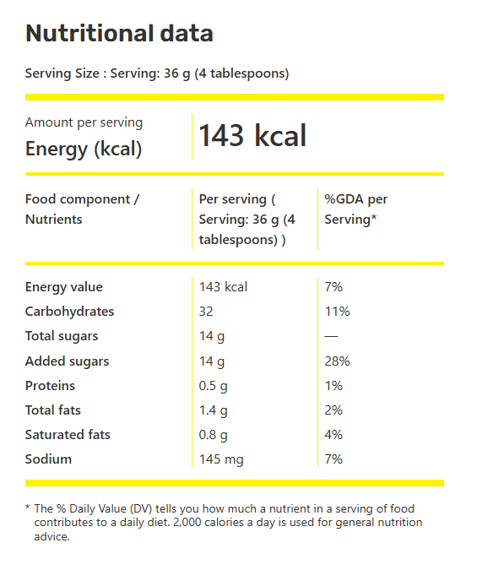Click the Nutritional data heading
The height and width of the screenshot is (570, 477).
coord(119,34)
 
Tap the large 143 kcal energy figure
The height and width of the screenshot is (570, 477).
coord(252,135)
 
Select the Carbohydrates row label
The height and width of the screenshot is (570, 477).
coord(69,312)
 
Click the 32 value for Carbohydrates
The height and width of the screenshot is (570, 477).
coord(206,312)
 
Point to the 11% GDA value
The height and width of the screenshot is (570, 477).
coord(337,312)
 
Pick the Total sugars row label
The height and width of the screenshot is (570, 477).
coord(62,336)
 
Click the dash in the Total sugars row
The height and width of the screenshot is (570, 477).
coord(331,336)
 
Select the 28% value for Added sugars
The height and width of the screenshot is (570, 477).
coord(337,361)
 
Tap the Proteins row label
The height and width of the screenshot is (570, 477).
coord(50,386)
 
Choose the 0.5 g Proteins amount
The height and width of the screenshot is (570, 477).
coord(213,386)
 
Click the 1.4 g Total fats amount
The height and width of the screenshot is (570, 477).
coord(213,410)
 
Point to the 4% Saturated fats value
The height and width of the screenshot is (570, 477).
coord(333,435)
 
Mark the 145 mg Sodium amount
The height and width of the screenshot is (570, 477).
coord(221,459)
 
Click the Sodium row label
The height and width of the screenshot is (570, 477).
coord(48,459)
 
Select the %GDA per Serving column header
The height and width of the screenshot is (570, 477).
coord(356,209)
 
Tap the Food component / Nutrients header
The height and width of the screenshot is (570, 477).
coord(82,209)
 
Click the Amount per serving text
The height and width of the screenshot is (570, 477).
coord(84,123)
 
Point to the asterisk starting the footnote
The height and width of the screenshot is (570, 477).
coord(28,507)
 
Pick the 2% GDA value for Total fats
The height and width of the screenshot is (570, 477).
coord(333,410)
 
